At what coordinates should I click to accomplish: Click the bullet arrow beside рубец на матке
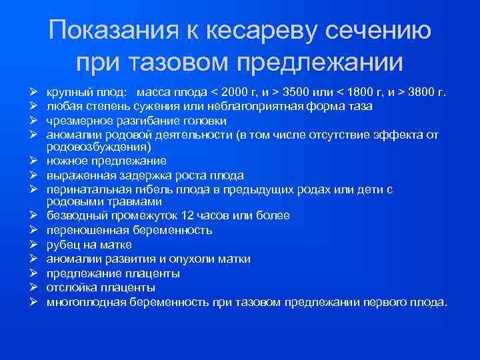coord(32,245)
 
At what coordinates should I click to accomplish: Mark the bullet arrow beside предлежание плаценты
coord(32,273)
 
